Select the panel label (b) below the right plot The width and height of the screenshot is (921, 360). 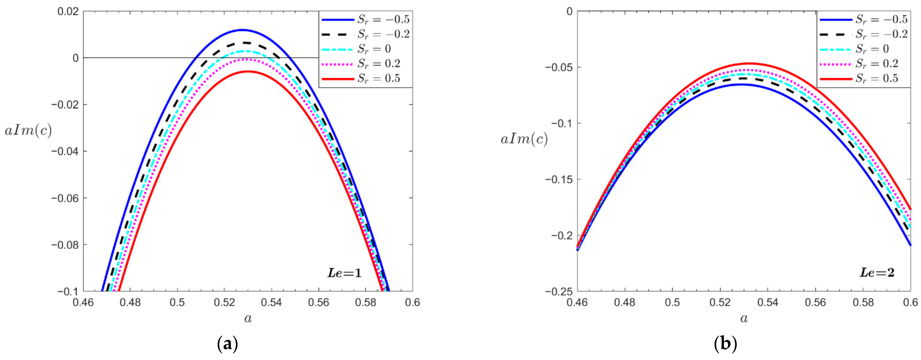click(x=726, y=344)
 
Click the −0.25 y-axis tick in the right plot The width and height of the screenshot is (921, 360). click(x=558, y=291)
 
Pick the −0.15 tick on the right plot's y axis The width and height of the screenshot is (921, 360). click(x=558, y=179)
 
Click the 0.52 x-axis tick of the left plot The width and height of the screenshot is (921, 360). click(x=224, y=302)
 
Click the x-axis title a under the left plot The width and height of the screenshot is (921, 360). click(x=248, y=318)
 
